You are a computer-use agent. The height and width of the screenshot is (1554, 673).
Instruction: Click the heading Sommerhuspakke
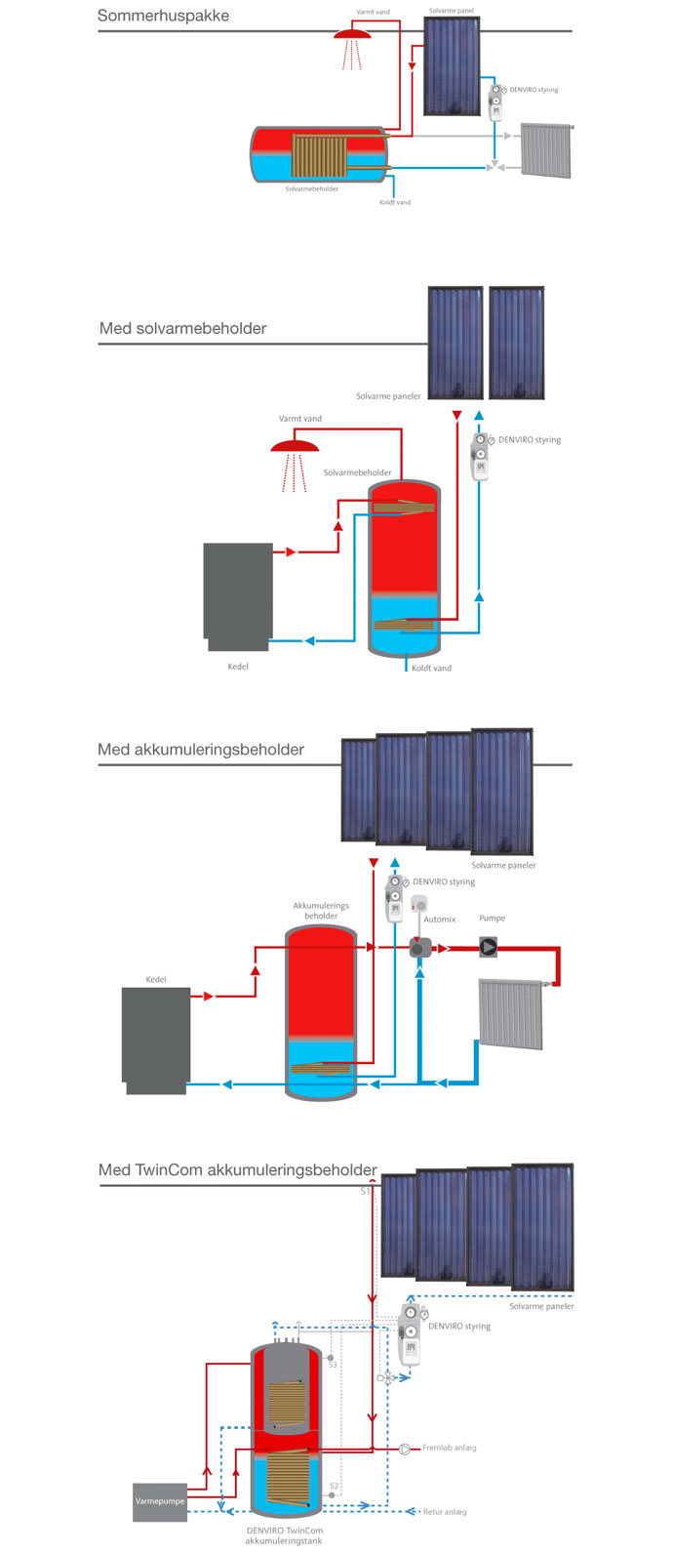[x=163, y=16]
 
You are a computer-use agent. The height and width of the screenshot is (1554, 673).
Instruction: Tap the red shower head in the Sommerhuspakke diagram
[x=352, y=34]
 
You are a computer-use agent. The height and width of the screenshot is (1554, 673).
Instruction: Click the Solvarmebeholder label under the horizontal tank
[x=311, y=189]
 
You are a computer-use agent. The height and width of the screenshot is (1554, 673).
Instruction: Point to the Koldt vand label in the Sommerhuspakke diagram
[x=395, y=203]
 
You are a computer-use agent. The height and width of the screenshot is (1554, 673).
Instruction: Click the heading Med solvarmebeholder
[x=182, y=328]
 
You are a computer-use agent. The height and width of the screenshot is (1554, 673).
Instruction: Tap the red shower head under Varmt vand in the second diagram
[x=295, y=447]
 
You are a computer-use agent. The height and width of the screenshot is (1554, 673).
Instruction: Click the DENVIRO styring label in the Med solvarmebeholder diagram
[x=530, y=440]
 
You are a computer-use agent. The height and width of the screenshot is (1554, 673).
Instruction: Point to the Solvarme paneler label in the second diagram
[x=388, y=396]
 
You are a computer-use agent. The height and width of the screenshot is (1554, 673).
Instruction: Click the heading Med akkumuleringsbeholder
[x=201, y=750]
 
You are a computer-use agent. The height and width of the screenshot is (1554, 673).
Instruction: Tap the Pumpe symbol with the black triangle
[x=489, y=947]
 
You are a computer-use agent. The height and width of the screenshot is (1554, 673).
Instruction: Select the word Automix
[x=440, y=920]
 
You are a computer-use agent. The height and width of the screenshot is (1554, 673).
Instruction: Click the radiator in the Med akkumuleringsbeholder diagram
[x=511, y=1014]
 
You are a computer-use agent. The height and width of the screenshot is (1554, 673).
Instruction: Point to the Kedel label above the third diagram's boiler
[x=156, y=979]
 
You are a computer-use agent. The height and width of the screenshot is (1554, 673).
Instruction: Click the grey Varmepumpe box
[x=159, y=1501]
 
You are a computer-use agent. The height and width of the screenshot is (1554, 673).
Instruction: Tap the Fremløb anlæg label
[x=450, y=1448]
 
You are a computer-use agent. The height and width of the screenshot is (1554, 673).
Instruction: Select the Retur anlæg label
[x=445, y=1512]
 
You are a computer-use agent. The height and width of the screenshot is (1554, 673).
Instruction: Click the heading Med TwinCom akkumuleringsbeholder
[x=237, y=1169]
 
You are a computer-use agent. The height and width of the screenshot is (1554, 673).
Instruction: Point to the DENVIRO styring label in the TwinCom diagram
[x=459, y=1327]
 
